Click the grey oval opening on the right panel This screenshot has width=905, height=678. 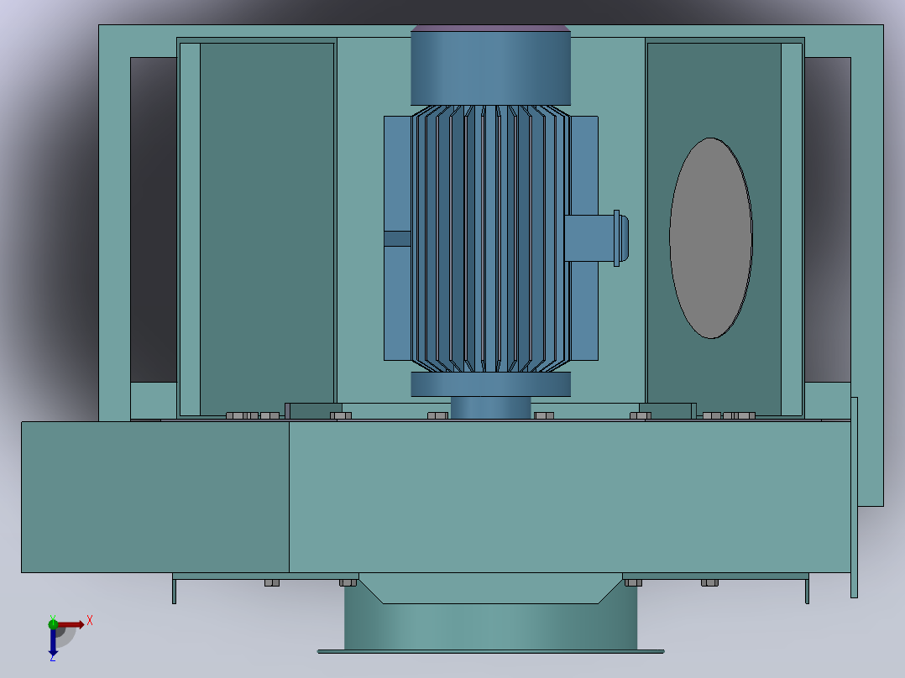click(x=710, y=237)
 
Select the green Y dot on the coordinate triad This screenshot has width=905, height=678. click(x=53, y=623)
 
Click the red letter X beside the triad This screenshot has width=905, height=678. click(x=90, y=621)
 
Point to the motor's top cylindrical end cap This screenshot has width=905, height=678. click(x=490, y=68)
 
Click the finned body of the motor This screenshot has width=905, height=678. click(x=490, y=238)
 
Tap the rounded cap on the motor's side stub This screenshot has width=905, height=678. click(x=624, y=238)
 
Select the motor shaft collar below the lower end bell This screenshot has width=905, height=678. click(x=490, y=407)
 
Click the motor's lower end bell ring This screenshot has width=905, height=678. click(x=490, y=384)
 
